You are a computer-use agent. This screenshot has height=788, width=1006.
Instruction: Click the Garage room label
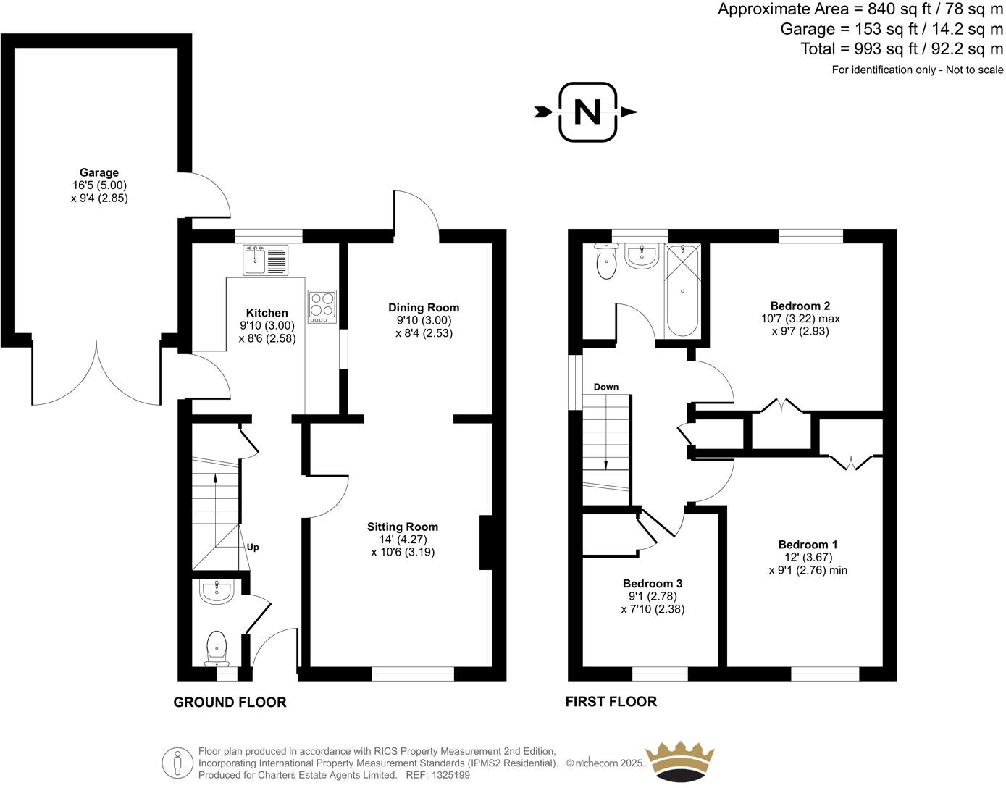point(99,173)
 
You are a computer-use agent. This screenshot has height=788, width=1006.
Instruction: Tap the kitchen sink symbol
point(266,260)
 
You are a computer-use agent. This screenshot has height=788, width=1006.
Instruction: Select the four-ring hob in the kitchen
point(322,306)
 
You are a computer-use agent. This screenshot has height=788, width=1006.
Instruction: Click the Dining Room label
point(424,308)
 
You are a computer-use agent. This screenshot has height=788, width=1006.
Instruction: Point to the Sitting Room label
point(403,527)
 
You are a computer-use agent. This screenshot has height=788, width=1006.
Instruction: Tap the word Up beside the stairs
point(253,548)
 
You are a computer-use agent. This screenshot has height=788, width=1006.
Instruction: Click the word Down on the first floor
point(606,387)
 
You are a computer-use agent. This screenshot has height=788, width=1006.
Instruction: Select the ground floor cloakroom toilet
point(217,646)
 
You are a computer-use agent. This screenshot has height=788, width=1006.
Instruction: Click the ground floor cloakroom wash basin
point(216,592)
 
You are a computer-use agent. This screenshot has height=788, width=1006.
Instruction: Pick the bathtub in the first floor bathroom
point(683,290)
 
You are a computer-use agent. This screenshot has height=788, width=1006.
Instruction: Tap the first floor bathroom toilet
point(605,261)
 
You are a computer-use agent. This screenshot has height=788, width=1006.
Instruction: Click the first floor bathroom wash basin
point(641,256)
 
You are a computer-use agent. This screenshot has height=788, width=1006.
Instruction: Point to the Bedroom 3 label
point(653,584)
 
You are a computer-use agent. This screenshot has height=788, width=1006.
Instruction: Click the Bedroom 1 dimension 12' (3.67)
point(808,558)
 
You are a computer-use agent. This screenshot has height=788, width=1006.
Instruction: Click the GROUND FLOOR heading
point(230,702)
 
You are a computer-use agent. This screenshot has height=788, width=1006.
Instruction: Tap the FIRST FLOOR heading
point(611,701)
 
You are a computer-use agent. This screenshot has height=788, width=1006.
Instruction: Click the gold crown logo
point(680,762)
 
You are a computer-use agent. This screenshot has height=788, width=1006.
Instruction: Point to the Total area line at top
point(902,49)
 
